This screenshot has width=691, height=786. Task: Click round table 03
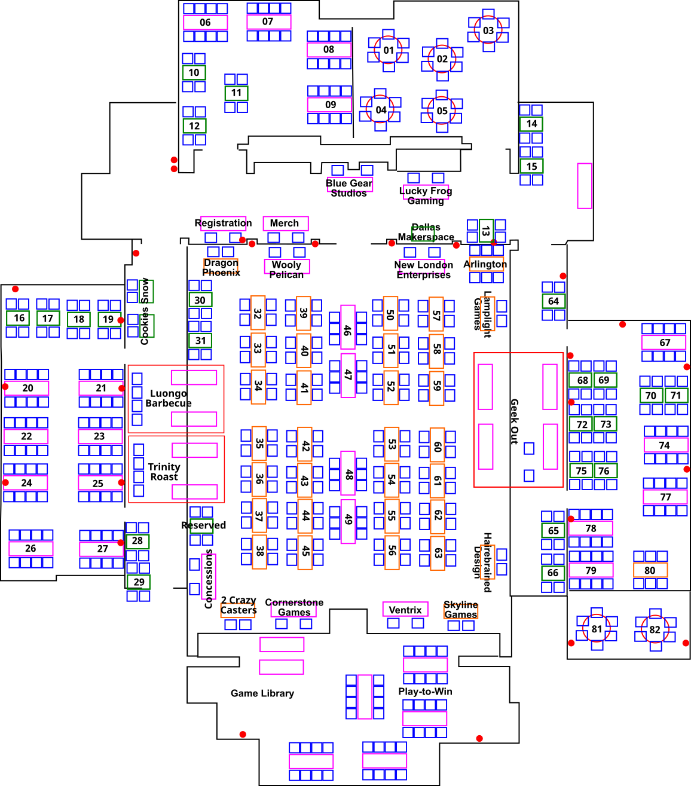tap(488, 30)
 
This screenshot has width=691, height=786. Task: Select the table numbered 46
tap(347, 329)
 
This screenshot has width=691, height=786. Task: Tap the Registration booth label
tap(223, 223)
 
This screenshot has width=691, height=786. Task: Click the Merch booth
tap(285, 223)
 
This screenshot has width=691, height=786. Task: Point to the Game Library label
tap(262, 693)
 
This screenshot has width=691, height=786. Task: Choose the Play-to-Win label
tap(425, 692)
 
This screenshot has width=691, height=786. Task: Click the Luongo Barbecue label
tap(169, 398)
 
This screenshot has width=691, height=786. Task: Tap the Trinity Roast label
tap(164, 472)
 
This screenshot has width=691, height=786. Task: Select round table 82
tap(655, 629)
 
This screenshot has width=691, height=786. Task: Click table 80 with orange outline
tap(650, 570)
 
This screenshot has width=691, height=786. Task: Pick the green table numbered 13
tap(486, 231)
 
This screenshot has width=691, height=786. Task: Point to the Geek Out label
tap(514, 421)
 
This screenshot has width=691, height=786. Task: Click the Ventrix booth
tap(405, 610)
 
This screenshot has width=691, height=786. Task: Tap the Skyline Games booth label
tap(460, 610)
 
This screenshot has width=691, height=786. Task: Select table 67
tap(664, 342)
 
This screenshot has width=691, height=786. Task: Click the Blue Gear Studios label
tap(349, 188)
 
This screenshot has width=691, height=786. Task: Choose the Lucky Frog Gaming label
tap(426, 195)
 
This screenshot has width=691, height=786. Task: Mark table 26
tap(30, 548)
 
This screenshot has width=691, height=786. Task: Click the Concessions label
tap(209, 578)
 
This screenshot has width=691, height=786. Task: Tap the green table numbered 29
tap(139, 582)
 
